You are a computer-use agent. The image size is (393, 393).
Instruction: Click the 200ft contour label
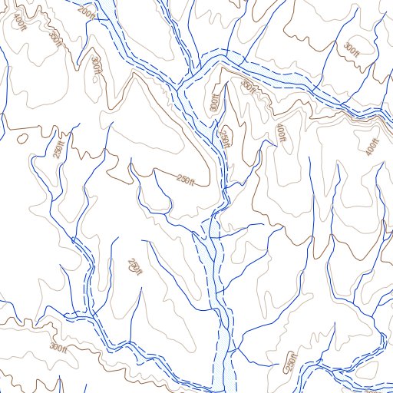[88, 13]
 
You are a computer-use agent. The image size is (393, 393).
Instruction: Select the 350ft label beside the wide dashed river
[248, 85]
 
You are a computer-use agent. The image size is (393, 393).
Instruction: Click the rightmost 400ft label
[374, 145]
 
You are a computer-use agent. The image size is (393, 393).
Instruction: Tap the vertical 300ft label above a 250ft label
[215, 102]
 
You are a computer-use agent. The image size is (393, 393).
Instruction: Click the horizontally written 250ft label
[187, 180]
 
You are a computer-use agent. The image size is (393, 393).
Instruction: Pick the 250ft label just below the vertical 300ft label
[225, 137]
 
